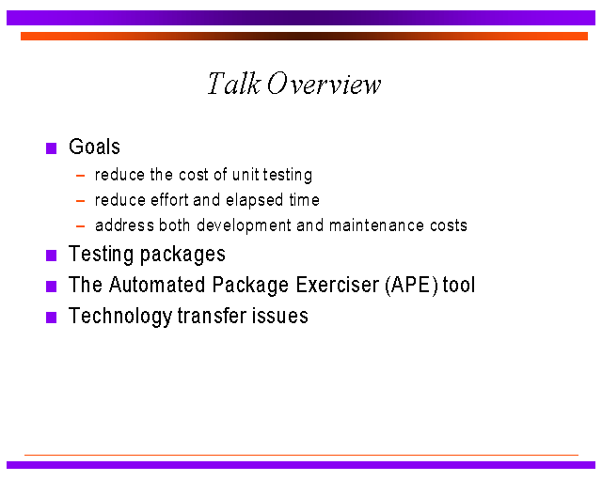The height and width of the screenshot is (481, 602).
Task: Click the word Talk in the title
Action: pos(234,84)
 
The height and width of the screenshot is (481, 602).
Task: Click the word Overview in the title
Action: pos(324,84)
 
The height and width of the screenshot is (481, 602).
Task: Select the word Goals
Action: pos(94,147)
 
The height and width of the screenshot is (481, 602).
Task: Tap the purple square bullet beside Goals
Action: pos(51,148)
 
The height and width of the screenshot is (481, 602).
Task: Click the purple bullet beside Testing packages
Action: pos(51,256)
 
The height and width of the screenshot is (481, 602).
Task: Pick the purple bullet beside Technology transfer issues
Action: pos(51,318)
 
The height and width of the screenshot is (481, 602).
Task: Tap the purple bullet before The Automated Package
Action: pos(51,287)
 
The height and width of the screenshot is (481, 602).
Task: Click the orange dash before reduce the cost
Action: pos(80,176)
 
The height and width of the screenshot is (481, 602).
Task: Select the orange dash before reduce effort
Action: pos(80,201)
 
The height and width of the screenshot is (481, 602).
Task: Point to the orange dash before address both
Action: pos(80,226)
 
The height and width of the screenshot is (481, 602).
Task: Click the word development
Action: pos(244,225)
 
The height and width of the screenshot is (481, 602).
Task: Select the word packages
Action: pos(182,255)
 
